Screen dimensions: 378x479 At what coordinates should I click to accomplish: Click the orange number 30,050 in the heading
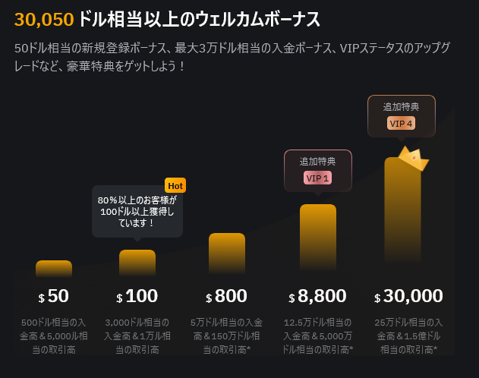tap(44, 20)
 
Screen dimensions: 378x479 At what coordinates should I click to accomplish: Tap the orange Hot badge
tap(175, 185)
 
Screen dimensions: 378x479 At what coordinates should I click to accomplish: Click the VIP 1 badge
tap(317, 178)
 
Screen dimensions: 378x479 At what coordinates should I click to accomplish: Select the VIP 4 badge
tap(401, 123)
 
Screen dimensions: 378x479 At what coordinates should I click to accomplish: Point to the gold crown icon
tap(413, 158)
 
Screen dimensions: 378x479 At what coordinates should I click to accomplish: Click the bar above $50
tap(54, 269)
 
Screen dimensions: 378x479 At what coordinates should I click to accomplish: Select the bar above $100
tap(137, 263)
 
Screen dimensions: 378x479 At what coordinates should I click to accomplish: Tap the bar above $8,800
tap(318, 235)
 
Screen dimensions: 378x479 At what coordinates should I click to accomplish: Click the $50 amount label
tap(54, 296)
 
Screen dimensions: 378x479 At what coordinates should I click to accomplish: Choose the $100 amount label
tap(137, 296)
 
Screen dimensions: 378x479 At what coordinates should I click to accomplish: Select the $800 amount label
tap(227, 296)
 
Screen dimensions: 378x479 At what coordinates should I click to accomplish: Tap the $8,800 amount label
tap(318, 296)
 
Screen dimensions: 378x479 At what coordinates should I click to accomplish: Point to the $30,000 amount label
tap(408, 296)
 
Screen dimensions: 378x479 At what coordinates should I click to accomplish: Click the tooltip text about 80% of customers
tap(137, 212)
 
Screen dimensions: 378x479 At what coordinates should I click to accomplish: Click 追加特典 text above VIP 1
tap(317, 161)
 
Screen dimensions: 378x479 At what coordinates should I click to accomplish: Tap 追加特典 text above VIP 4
tap(401, 106)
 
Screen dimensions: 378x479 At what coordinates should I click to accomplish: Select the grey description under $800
tap(227, 335)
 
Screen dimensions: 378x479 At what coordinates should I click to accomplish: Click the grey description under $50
tap(54, 335)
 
